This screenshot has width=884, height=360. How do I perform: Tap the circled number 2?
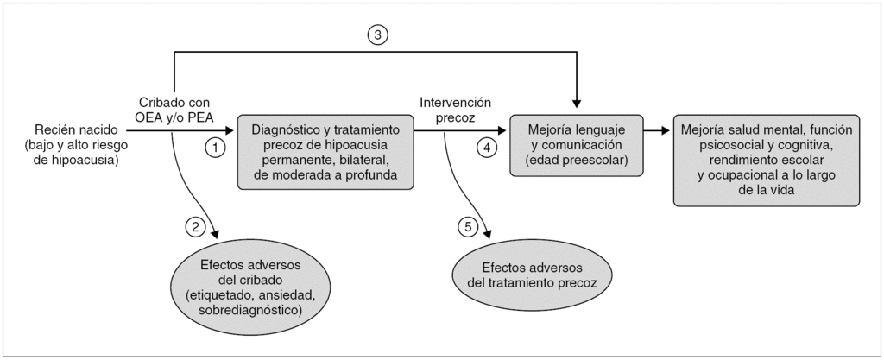(196, 227)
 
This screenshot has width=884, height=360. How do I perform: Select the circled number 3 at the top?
(378, 35)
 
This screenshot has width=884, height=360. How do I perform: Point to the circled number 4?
(489, 148)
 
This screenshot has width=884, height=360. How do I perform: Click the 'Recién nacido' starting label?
(74, 128)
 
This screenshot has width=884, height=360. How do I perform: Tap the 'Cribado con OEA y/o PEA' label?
(174, 109)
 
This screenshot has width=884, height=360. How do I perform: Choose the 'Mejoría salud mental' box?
(767, 161)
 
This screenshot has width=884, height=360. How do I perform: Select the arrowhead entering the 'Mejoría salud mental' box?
(667, 131)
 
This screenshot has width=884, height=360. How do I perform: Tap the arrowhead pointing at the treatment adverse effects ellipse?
(489, 239)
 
